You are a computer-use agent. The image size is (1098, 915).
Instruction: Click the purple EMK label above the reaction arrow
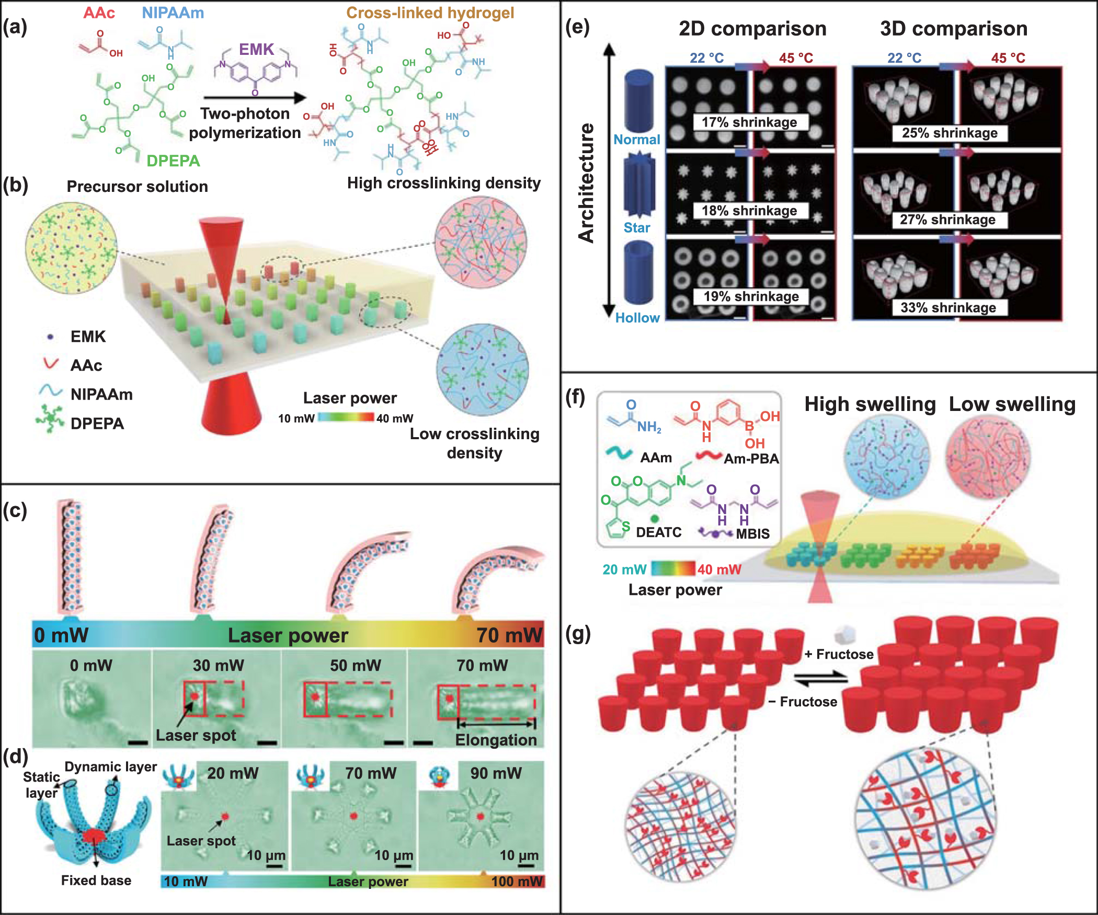[x=256, y=49]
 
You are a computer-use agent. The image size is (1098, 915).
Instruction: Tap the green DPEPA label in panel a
[x=173, y=161]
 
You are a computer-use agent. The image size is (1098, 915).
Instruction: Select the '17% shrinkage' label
[x=749, y=122]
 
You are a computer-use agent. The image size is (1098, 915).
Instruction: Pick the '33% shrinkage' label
[x=948, y=307]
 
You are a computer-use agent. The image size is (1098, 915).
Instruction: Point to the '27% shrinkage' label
[x=947, y=220]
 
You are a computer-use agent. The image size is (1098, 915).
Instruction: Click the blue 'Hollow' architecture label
[x=637, y=318]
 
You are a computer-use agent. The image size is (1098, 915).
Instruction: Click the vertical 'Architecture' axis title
[x=586, y=183]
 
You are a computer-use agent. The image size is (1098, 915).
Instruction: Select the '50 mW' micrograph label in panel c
[x=355, y=665]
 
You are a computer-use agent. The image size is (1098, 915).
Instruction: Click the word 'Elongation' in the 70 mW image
[x=496, y=740]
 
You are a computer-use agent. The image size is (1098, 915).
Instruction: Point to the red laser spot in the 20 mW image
[x=225, y=816]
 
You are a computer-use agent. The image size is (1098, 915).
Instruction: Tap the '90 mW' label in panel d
[x=496, y=773]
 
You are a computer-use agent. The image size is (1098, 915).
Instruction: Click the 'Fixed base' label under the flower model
[x=96, y=880]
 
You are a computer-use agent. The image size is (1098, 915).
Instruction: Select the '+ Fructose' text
[x=839, y=654]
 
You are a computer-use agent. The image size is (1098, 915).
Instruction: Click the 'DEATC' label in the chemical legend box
[x=658, y=532]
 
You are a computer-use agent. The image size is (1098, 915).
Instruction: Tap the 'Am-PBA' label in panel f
[x=751, y=459]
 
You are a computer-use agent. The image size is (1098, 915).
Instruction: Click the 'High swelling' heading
[x=870, y=404]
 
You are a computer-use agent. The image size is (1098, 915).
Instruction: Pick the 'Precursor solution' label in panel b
[x=137, y=187]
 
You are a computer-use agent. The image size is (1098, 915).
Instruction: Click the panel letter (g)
[x=578, y=634]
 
